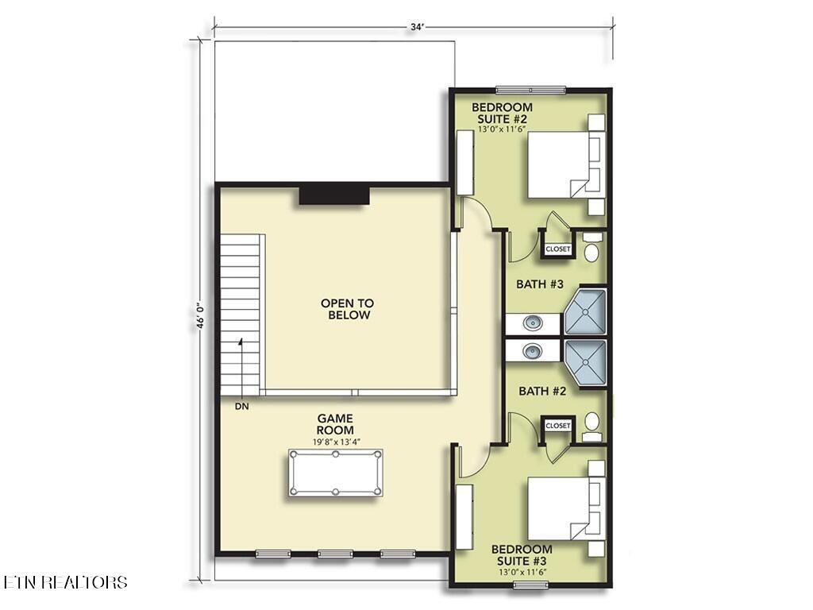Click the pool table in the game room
335,473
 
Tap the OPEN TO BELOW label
346,309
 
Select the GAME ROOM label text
335,424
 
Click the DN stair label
241,407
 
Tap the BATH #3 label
540,284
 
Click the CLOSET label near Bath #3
557,249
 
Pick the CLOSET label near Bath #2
557,426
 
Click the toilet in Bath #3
592,248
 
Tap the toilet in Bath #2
592,426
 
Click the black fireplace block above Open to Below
335,194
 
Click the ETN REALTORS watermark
65,582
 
